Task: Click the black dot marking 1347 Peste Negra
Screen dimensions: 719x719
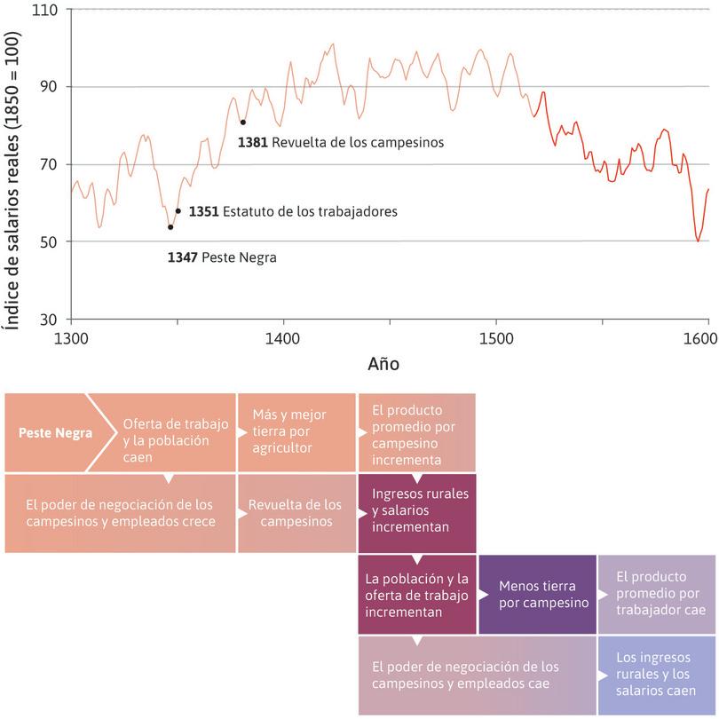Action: (170, 227)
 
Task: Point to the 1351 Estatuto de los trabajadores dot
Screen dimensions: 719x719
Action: (178, 211)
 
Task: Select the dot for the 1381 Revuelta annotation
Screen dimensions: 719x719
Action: (242, 122)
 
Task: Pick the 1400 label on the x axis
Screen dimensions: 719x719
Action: (283, 339)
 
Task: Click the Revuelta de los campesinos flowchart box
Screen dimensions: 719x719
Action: (295, 513)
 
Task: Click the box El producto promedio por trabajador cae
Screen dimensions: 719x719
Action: (657, 593)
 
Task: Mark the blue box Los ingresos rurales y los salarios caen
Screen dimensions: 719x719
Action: (657, 673)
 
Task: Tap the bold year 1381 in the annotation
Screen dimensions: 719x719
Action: (253, 141)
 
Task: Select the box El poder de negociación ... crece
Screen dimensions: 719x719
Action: (120, 513)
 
